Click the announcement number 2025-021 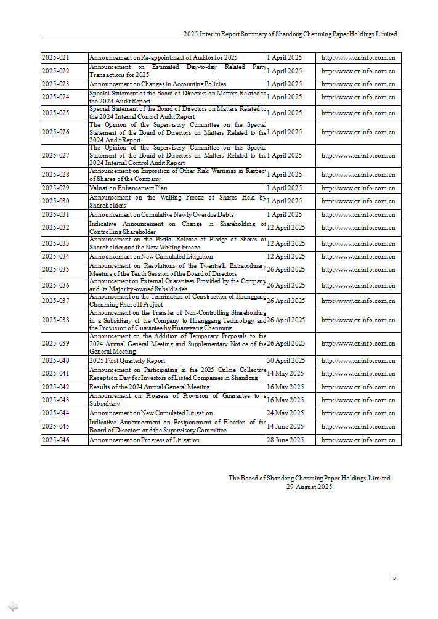point(55,57)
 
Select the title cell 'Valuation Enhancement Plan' point(128,188)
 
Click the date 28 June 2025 point(285,440)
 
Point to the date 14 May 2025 point(285,373)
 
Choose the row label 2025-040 point(55,360)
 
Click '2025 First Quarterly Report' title point(127,360)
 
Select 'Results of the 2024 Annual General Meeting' point(149,387)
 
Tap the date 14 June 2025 point(285,426)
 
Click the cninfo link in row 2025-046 point(358,440)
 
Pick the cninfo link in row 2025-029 point(358,188)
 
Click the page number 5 point(394,577)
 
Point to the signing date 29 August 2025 point(309,487)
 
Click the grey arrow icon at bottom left point(13,606)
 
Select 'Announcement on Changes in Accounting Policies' point(158,84)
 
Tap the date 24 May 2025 point(285,413)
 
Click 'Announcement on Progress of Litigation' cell point(144,440)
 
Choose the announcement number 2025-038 point(55,320)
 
